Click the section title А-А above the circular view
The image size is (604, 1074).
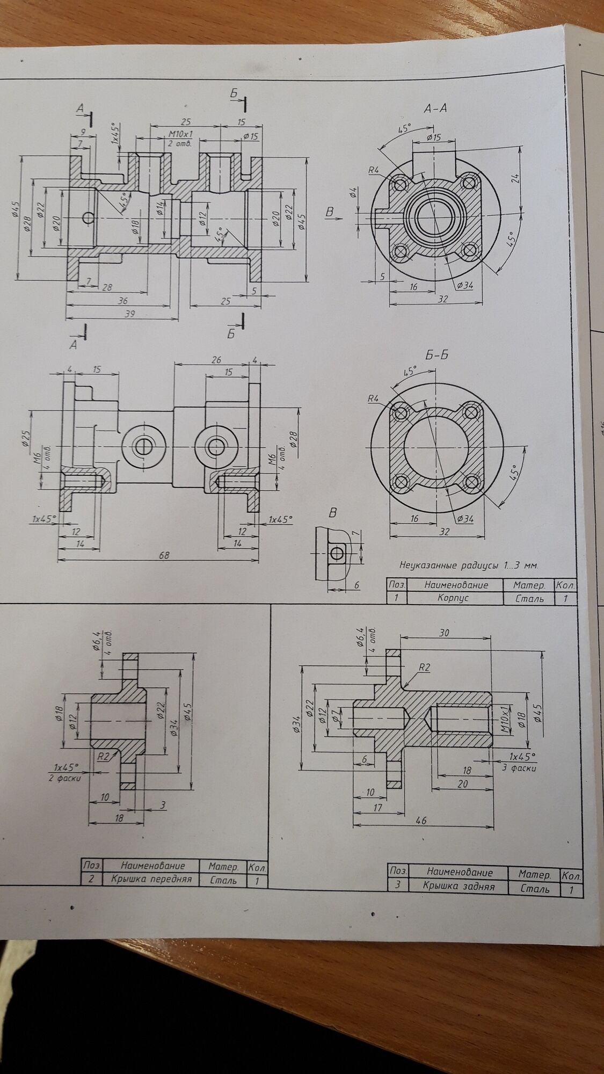tap(435, 108)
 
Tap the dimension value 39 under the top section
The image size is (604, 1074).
tap(129, 314)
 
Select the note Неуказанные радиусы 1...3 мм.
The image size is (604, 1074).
tap(468, 565)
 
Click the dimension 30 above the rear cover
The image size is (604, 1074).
tap(445, 633)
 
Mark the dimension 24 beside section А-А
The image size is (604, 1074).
tap(515, 178)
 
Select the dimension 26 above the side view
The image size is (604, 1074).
tap(216, 360)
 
